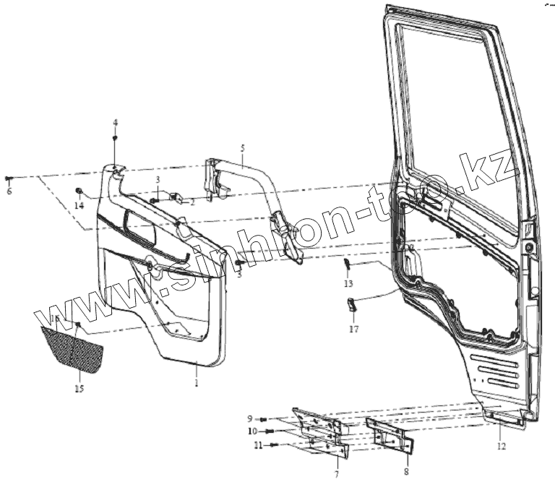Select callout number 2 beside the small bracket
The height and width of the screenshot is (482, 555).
193,203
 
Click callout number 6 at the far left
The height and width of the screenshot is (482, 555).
9,191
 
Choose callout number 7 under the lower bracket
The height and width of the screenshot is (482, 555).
336,473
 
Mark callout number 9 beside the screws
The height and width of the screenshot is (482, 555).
250,419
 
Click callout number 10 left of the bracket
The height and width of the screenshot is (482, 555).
252,431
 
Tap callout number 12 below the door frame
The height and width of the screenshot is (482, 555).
502,445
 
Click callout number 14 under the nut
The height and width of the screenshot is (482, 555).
78,205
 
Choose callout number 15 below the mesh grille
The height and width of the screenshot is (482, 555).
79,388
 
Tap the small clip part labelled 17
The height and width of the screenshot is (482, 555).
353,305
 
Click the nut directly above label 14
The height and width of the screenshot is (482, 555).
78,191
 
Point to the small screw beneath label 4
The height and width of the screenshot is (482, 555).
114,137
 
